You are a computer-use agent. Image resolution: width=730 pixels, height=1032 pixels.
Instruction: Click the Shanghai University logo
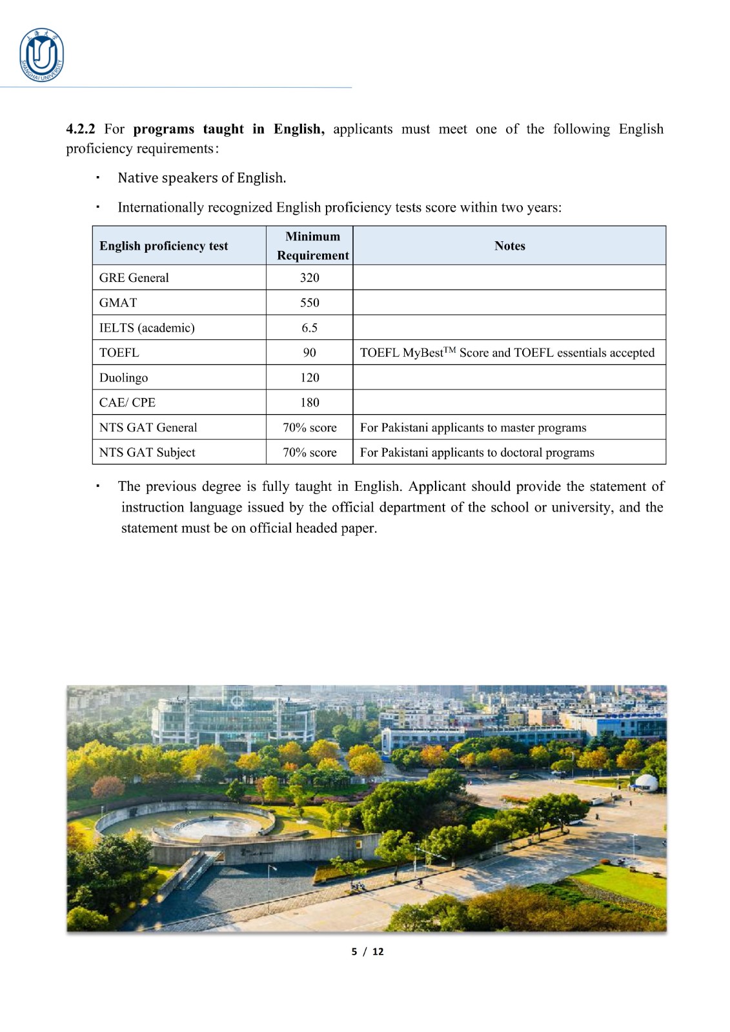click(42, 55)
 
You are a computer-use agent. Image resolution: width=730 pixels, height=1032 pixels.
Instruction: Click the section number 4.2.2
click(80, 129)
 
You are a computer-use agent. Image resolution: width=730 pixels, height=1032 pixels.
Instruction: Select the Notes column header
click(509, 246)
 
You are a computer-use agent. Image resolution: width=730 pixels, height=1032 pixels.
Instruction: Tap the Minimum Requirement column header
click(312, 246)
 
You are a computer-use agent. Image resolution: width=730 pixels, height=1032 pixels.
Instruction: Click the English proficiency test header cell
click(163, 246)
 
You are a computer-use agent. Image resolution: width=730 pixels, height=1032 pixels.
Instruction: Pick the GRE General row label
click(134, 278)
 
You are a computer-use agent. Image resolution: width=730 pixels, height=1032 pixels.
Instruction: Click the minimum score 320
click(309, 278)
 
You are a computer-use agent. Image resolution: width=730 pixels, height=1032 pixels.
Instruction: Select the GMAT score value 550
click(309, 303)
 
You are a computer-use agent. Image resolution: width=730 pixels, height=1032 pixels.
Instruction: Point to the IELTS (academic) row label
click(147, 328)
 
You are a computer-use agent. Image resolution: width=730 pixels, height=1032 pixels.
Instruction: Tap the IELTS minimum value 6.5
click(309, 328)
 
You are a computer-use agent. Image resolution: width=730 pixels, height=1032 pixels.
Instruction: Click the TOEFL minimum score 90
click(309, 353)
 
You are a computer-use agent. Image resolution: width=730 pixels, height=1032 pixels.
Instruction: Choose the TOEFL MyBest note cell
click(507, 353)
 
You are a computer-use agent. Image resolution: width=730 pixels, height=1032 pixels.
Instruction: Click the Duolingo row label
click(123, 378)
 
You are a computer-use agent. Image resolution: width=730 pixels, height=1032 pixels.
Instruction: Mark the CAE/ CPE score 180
click(309, 402)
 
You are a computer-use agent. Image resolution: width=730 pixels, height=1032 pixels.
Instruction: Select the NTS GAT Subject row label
click(147, 453)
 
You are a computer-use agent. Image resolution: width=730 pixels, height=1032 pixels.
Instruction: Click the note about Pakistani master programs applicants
click(473, 428)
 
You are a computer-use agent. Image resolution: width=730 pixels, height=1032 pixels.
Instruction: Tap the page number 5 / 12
click(367, 951)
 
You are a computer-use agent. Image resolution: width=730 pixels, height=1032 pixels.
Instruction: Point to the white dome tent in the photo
click(646, 782)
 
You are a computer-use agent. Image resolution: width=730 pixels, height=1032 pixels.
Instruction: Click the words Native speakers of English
click(201, 178)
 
